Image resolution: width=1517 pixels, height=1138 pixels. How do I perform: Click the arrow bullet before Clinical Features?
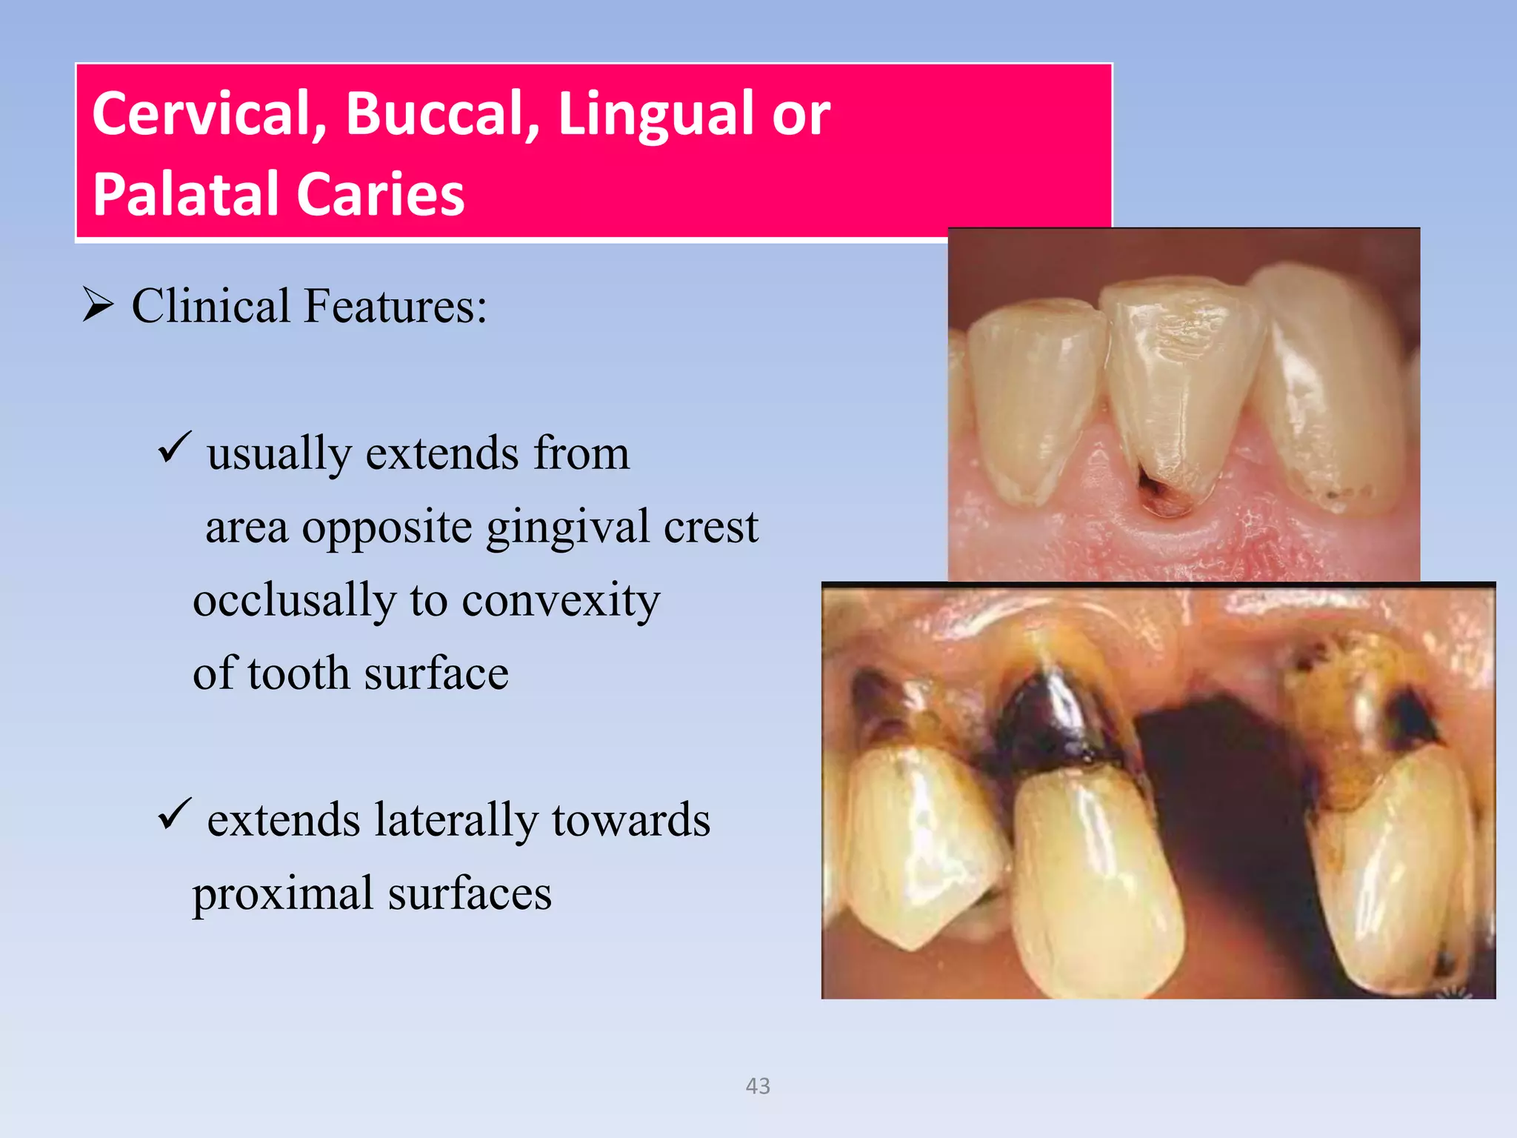[98, 305]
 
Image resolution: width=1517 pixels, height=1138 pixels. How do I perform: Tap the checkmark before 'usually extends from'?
[175, 447]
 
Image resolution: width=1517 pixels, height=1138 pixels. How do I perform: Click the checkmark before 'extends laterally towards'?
[175, 814]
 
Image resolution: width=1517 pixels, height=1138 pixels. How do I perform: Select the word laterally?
[456, 820]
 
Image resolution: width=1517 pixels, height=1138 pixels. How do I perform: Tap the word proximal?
[282, 894]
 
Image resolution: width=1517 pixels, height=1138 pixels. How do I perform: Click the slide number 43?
[758, 1086]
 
